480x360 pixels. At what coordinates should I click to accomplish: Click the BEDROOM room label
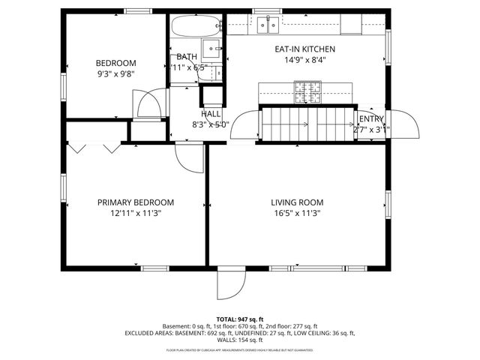tap(115, 63)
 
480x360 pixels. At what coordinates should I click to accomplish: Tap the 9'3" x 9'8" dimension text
tap(115, 74)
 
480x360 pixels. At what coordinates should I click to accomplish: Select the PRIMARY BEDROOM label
tap(136, 202)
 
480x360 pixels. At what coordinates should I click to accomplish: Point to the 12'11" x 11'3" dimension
tap(136, 213)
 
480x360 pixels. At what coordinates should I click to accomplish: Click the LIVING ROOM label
tap(297, 202)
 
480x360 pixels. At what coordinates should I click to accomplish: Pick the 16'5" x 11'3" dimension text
tap(297, 213)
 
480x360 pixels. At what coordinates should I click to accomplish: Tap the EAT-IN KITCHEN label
tap(304, 49)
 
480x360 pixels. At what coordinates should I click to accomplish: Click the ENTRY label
tap(371, 119)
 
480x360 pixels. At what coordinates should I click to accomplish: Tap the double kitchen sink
tap(266, 25)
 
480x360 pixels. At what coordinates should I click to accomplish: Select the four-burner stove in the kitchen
tap(307, 93)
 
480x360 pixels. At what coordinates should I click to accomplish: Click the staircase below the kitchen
tap(307, 124)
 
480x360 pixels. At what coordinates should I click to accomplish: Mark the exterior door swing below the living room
tap(230, 284)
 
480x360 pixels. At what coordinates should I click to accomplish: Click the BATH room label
tap(186, 57)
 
